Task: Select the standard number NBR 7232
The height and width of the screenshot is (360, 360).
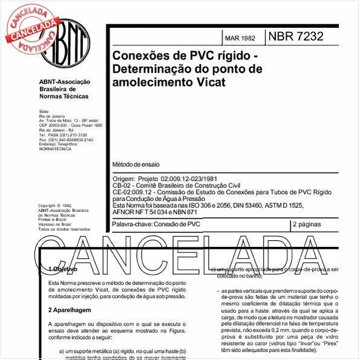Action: pyautogui.click(x=295, y=36)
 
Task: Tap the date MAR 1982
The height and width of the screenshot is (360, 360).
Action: pyautogui.click(x=240, y=38)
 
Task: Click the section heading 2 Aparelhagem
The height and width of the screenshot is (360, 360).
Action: pyautogui.click(x=69, y=310)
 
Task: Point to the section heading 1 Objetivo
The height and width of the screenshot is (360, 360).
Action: pyautogui.click(x=63, y=269)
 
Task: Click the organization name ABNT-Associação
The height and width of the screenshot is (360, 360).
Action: pyautogui.click(x=64, y=82)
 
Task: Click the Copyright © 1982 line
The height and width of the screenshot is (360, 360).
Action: pyautogui.click(x=54, y=206)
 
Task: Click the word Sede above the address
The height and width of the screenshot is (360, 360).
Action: pyautogui.click(x=44, y=112)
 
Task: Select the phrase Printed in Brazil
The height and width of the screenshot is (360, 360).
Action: pyautogui.click(x=53, y=220)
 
